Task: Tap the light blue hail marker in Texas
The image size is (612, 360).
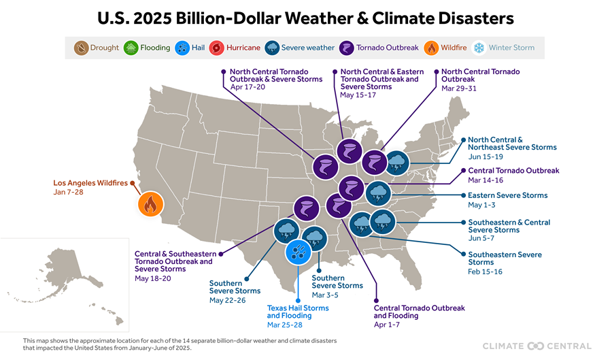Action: [298, 252]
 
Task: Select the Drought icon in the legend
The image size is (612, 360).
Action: [82, 48]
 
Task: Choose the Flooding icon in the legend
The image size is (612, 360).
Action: [131, 48]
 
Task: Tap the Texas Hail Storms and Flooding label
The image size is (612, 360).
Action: [298, 312]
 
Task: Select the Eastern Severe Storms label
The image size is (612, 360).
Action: [507, 195]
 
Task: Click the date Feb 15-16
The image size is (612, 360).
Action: [486, 272]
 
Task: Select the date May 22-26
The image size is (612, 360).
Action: [227, 300]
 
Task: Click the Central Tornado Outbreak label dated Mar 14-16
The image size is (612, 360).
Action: [513, 171]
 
